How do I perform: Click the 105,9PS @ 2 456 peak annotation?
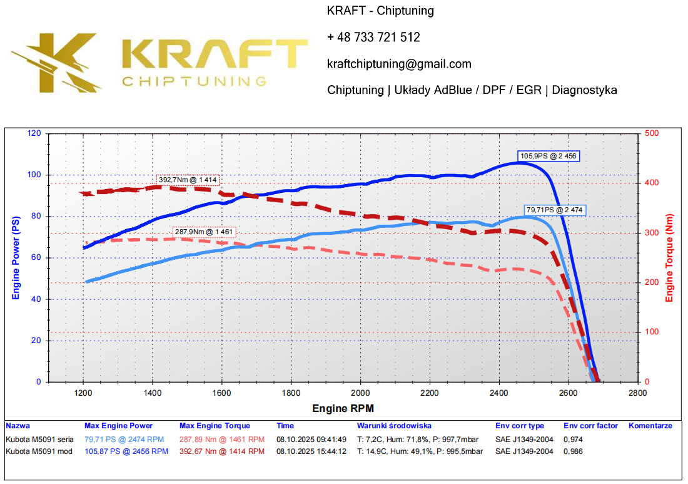point(547,156)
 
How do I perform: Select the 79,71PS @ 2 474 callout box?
point(555,210)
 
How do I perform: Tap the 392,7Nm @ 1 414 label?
point(188,180)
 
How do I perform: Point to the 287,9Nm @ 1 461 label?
point(204,232)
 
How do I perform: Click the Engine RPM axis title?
point(343,409)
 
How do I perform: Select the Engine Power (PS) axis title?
point(16,257)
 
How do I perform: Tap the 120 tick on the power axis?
point(34,133)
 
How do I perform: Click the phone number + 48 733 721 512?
point(373,38)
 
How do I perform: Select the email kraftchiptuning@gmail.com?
point(399,64)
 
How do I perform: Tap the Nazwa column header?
point(18,426)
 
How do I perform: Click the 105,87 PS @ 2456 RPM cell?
point(126,451)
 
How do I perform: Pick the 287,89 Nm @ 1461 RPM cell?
point(221,439)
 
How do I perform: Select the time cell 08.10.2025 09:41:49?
point(311,439)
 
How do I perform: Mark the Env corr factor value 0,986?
point(574,451)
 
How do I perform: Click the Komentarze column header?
point(650,426)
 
